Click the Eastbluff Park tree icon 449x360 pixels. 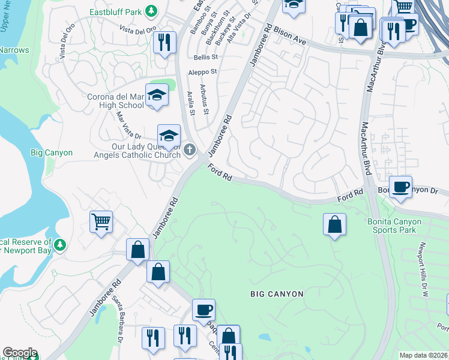tap(152, 11)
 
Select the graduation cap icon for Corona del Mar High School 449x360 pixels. tap(157, 95)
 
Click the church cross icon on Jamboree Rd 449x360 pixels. tap(190, 149)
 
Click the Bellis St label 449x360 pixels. tap(205, 57)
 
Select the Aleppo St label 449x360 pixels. tap(202, 71)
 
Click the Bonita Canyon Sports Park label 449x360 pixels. tap(394, 226)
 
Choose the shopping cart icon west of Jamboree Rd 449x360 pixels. tap(101, 221)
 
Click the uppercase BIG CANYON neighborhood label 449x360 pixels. tap(277, 294)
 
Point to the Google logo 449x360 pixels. tap(20, 353)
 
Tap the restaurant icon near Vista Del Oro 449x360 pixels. tap(164, 43)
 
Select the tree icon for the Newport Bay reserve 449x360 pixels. tap(59, 245)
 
